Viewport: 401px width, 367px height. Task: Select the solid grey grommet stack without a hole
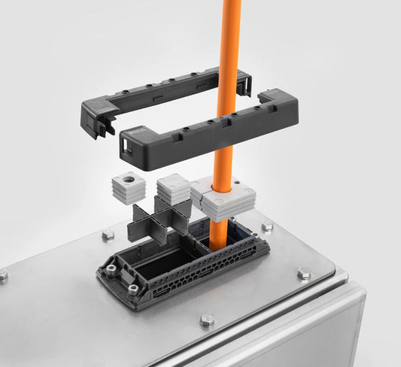(x=173, y=188)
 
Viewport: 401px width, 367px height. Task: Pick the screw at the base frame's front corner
(x=133, y=289)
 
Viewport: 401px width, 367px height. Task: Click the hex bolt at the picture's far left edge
(x=3, y=275)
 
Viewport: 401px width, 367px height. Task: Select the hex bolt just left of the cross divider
(x=108, y=234)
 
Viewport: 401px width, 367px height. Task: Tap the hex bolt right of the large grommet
(x=267, y=226)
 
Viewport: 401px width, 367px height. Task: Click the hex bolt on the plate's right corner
(x=304, y=273)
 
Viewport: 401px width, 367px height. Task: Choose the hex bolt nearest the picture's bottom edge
(x=207, y=320)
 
